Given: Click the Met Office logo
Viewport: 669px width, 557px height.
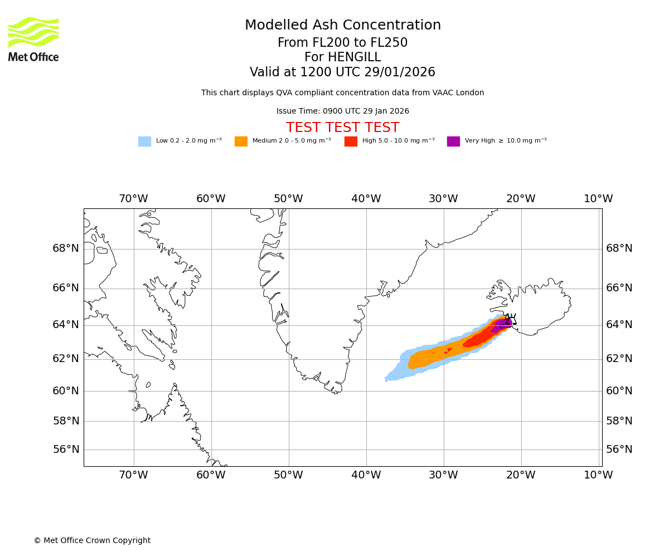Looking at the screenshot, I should [33, 39].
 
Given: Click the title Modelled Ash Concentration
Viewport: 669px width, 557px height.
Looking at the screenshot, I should [343, 26].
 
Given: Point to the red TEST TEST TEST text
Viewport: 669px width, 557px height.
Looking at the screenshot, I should [342, 128].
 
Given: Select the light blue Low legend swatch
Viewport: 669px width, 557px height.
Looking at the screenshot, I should [144, 141].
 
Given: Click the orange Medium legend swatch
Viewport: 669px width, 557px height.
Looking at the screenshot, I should [241, 141].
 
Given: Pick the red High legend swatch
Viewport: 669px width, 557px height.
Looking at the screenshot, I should [351, 141].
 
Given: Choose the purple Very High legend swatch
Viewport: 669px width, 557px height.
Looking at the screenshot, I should [453, 141].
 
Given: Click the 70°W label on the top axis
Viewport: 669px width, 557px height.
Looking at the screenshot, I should [133, 199].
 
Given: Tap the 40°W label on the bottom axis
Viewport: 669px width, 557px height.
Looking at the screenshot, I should [366, 475].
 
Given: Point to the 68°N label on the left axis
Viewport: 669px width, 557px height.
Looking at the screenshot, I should [66, 248].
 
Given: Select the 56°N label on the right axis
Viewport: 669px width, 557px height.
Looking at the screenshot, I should [619, 449].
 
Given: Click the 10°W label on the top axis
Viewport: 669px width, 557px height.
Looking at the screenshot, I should [598, 199].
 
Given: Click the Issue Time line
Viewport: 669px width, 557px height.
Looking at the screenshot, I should [342, 111].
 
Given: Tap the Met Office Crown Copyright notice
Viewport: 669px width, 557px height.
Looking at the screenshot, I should [92, 541].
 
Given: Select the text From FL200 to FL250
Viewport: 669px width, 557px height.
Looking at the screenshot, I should [342, 43].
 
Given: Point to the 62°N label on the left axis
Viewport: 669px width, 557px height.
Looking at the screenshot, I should [66, 359].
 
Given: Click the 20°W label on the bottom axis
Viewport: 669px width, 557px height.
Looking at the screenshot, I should [521, 475].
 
